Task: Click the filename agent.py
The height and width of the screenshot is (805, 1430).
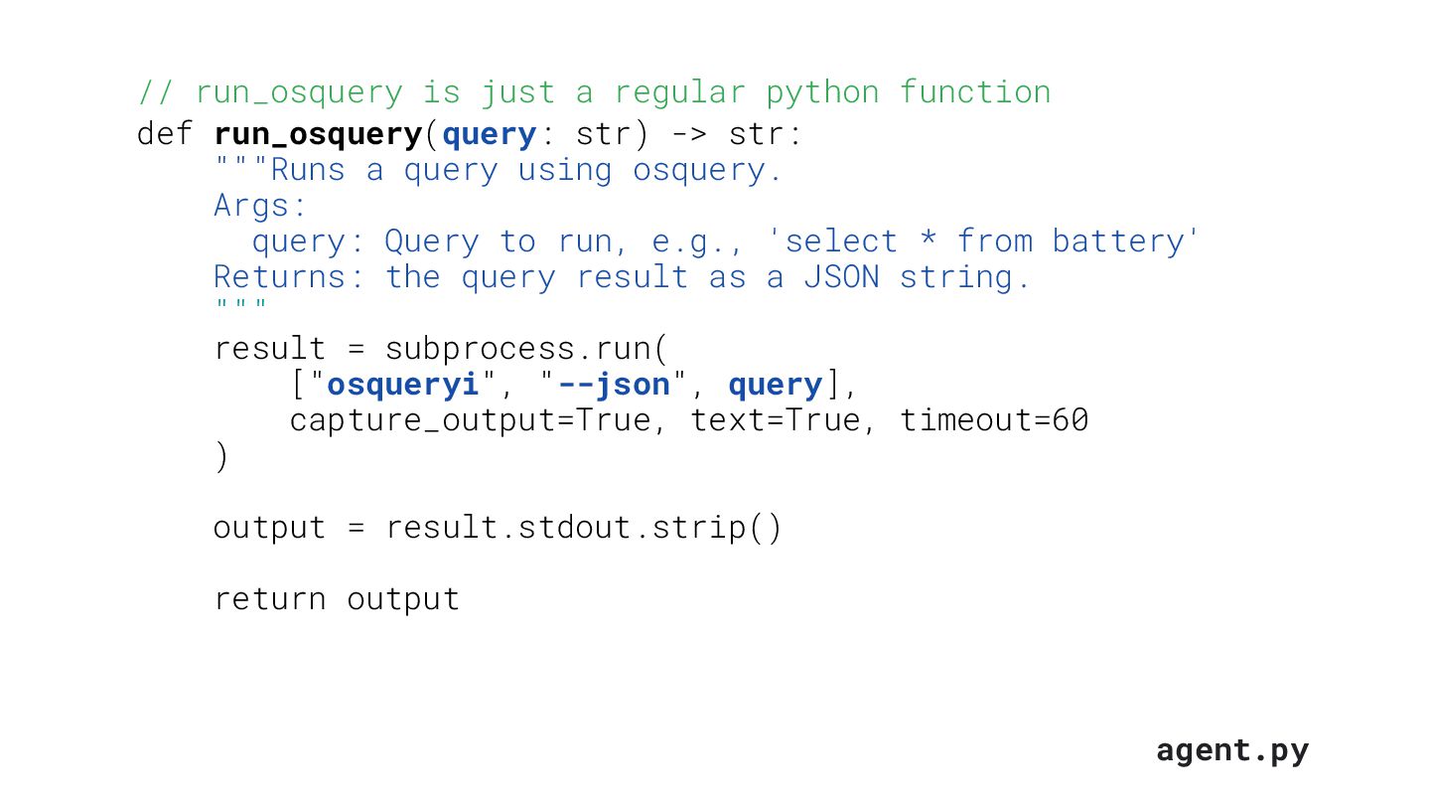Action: [1231, 750]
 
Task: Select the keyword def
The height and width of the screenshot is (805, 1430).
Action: [165, 133]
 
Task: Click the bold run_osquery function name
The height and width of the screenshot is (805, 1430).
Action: [318, 134]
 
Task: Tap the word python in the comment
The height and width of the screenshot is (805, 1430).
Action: [822, 92]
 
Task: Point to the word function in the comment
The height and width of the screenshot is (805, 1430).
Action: [974, 92]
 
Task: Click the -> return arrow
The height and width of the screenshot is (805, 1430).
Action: [689, 133]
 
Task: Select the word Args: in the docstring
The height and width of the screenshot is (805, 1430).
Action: [260, 206]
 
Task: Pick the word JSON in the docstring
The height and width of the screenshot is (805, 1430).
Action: [841, 277]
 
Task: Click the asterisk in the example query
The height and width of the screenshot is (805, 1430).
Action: [927, 241]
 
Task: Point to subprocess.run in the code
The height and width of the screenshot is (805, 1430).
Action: [526, 349]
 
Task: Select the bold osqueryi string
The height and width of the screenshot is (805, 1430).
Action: [402, 385]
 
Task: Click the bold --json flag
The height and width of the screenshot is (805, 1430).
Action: [613, 385]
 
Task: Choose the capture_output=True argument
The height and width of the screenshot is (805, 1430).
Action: [470, 421]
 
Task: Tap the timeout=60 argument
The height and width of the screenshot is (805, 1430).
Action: [994, 420]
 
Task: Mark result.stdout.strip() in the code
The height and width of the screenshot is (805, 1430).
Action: [584, 528]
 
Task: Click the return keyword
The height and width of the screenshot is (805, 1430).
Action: [270, 599]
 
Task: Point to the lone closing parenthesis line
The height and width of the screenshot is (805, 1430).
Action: [220, 457]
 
